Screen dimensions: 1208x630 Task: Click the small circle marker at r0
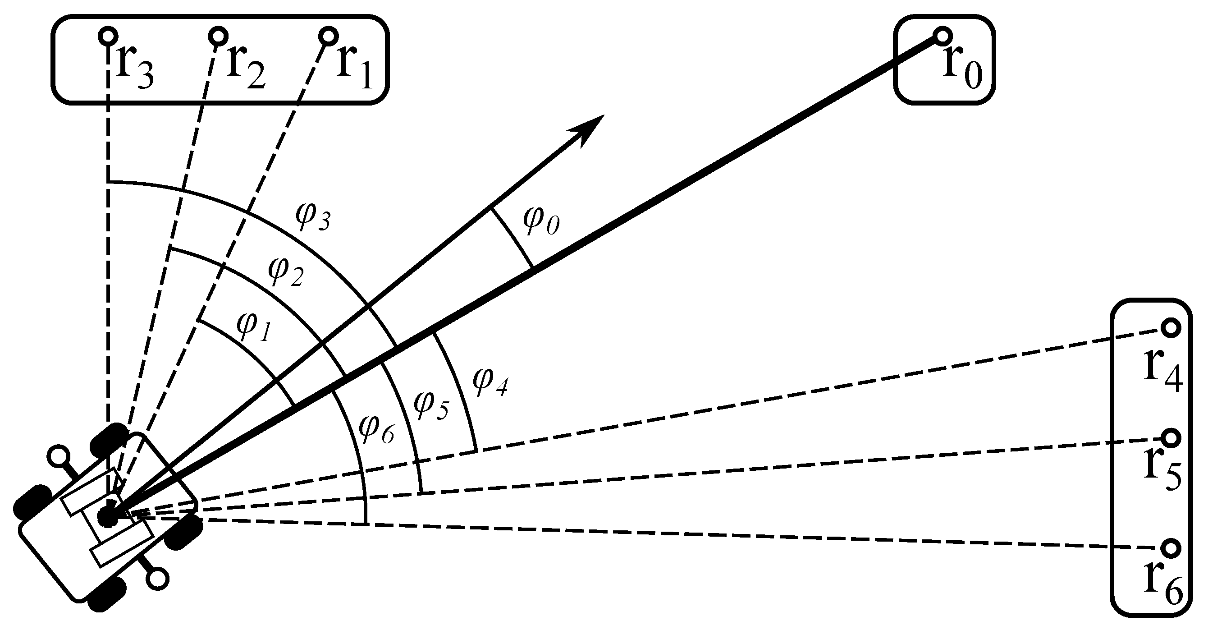coord(943,35)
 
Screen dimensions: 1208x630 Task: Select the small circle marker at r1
coord(328,36)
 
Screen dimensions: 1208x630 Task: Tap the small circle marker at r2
coord(218,36)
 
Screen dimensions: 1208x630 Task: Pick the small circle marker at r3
coord(108,36)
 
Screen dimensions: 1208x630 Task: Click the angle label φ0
coord(541,221)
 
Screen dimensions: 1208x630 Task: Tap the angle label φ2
coord(286,272)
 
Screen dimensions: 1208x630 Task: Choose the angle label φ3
coord(313,217)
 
